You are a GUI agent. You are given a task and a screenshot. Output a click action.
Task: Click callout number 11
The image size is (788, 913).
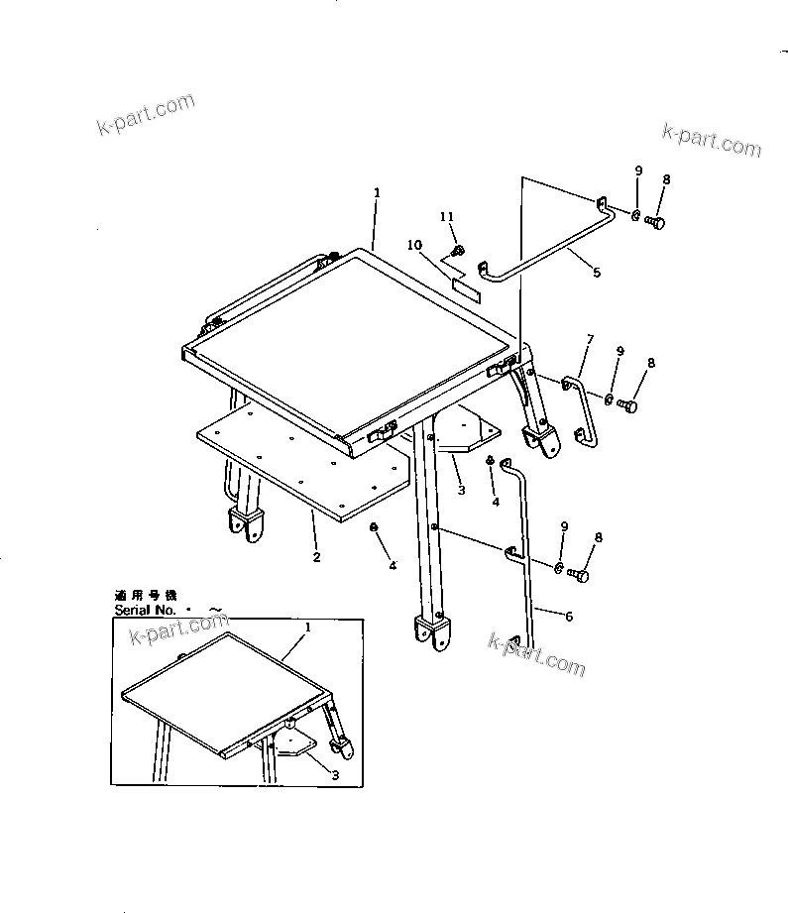click(x=447, y=216)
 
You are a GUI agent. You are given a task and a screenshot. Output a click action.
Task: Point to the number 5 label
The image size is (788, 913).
click(x=596, y=272)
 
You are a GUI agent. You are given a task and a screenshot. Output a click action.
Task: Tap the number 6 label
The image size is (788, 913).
click(x=568, y=616)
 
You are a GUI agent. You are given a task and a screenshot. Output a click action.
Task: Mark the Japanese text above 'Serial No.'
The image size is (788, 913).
click(x=147, y=594)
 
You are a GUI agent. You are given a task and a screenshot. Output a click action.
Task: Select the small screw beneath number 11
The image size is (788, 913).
click(x=456, y=250)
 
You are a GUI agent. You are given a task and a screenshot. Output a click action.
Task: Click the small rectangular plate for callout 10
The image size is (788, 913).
click(x=465, y=287)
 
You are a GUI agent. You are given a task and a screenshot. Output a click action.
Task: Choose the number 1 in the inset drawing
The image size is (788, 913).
click(x=307, y=627)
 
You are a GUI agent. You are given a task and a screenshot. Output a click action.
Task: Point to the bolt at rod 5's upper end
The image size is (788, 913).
click(x=655, y=222)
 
